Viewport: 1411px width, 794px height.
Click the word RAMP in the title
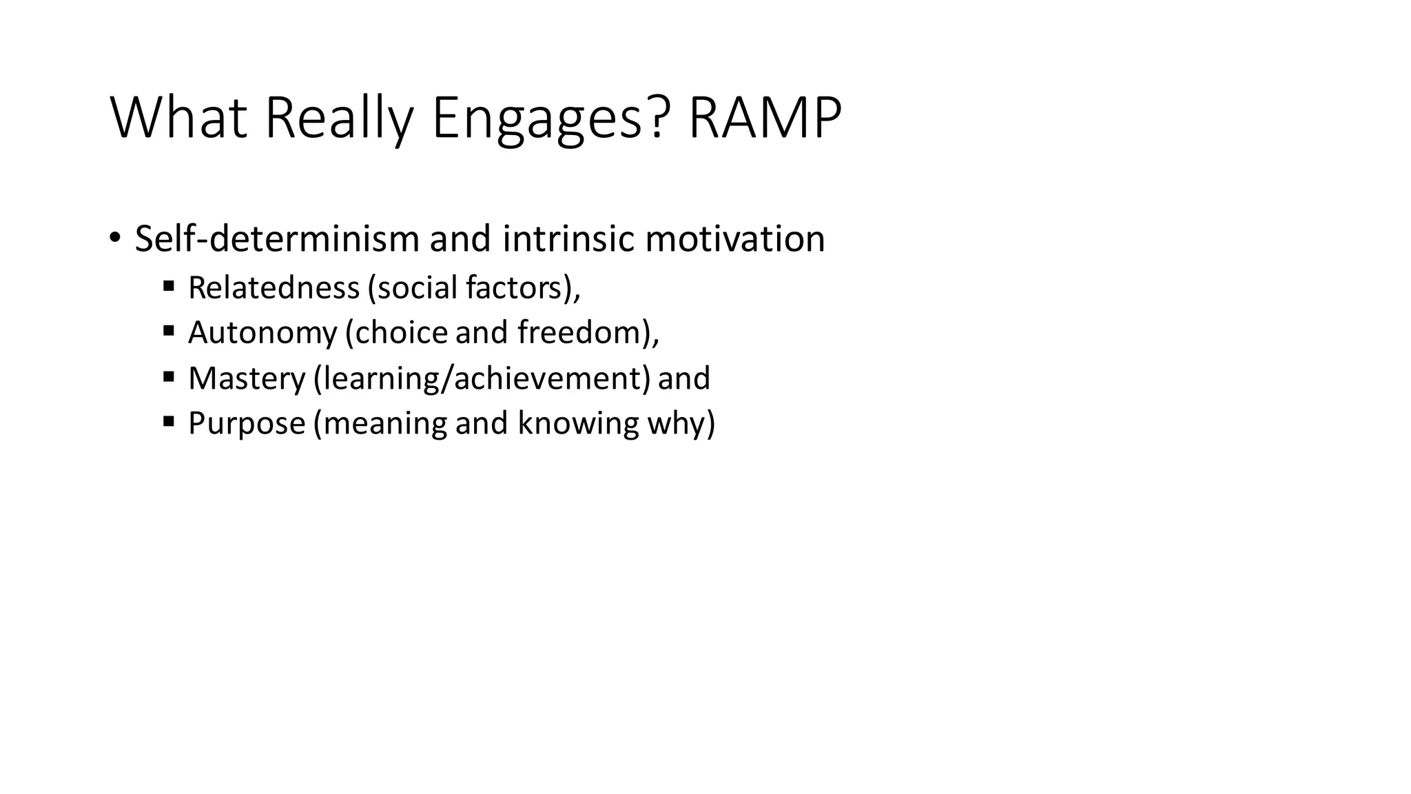[x=764, y=119]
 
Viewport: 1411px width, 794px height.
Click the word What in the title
[x=178, y=119]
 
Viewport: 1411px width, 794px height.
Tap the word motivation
[x=734, y=239]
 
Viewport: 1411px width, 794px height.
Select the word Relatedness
[x=274, y=287]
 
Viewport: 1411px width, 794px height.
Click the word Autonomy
[x=262, y=332]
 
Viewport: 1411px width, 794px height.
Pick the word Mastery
[x=247, y=378]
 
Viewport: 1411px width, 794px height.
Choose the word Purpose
[x=247, y=423]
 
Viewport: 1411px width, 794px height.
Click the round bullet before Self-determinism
[x=114, y=238]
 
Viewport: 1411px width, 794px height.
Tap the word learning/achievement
[x=482, y=378]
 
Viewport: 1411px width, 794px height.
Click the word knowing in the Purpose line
[x=578, y=423]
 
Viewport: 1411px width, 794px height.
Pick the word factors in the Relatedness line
[x=518, y=287]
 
